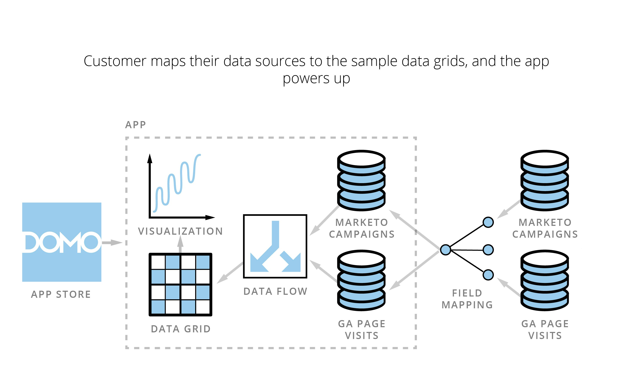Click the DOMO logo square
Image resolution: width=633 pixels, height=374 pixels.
62,242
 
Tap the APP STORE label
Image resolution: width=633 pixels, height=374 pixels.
61,294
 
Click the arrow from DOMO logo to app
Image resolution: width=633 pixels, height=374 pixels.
112,243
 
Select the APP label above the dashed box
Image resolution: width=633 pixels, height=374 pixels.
135,125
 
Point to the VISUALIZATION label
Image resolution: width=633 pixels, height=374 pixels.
180,231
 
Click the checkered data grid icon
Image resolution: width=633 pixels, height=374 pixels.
180,284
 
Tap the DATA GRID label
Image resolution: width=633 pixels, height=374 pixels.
181,329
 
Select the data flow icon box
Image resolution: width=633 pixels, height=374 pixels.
275,246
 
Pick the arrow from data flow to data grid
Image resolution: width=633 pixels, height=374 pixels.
230,273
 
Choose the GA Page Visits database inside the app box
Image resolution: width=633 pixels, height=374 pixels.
361,280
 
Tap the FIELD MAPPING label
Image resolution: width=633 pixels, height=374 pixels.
467,299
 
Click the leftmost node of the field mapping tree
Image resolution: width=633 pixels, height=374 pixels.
445,250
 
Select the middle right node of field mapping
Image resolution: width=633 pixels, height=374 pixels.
488,250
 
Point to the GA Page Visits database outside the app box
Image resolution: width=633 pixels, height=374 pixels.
545,280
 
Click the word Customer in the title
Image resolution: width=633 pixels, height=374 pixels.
115,61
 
